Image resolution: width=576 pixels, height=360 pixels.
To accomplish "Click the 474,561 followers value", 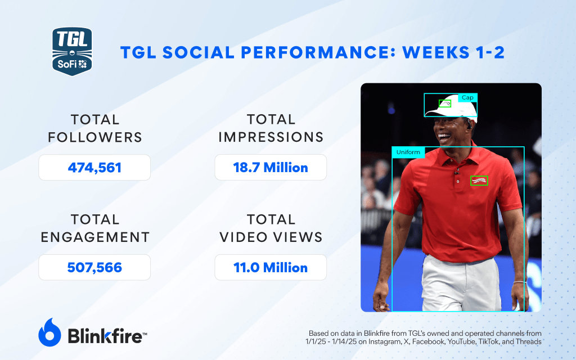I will click(94, 168).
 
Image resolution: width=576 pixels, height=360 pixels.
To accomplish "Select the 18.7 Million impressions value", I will click(271, 168).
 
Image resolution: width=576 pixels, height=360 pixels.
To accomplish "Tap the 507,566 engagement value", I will click(94, 267).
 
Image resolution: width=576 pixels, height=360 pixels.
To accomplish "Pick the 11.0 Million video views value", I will click(271, 267).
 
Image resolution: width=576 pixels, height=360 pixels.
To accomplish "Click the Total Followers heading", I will click(94, 128).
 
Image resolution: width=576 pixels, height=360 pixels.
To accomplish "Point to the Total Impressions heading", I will click(271, 128).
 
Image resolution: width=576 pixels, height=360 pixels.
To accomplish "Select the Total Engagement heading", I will click(94, 228).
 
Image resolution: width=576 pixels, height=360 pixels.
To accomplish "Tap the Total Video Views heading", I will click(271, 228).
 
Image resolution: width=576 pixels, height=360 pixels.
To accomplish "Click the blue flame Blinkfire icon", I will click(49, 332).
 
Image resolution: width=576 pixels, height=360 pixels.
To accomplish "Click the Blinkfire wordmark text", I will click(107, 336).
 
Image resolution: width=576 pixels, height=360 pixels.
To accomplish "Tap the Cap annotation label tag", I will click(467, 97).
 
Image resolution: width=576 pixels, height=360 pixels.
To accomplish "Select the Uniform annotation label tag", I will click(408, 152).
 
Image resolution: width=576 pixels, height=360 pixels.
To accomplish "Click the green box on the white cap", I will click(444, 103).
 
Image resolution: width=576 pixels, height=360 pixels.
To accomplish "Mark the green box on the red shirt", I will click(479, 181).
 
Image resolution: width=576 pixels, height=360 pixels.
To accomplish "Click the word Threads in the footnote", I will click(529, 341).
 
